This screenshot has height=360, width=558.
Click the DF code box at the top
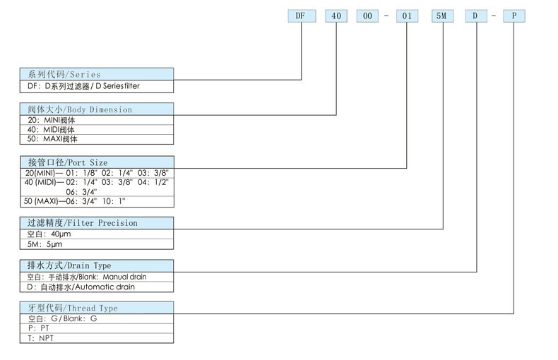click(x=302, y=16)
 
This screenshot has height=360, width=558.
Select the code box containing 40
click(x=336, y=16)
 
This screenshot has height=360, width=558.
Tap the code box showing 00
click(x=367, y=16)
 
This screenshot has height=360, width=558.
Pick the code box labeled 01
click(x=407, y=16)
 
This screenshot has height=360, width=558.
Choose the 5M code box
click(x=443, y=16)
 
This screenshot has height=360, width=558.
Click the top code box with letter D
click(x=476, y=16)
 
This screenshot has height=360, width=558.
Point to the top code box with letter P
click(x=514, y=16)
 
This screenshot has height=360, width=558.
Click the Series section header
click(x=97, y=74)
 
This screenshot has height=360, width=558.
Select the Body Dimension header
click(x=97, y=109)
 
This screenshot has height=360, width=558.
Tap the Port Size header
click(x=97, y=162)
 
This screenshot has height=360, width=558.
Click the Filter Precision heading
click(x=97, y=223)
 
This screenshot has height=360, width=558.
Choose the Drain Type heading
click(x=97, y=265)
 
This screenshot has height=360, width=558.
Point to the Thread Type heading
click(x=97, y=308)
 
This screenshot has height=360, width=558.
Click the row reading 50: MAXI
click(x=97, y=140)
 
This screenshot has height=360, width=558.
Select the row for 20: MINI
click(x=97, y=120)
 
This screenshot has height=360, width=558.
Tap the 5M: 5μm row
click(x=97, y=244)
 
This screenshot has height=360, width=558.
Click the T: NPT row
click(x=97, y=338)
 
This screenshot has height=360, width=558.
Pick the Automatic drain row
click(x=97, y=287)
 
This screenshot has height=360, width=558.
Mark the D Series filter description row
click(x=97, y=86)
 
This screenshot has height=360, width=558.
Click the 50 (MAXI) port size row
click(x=97, y=202)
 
